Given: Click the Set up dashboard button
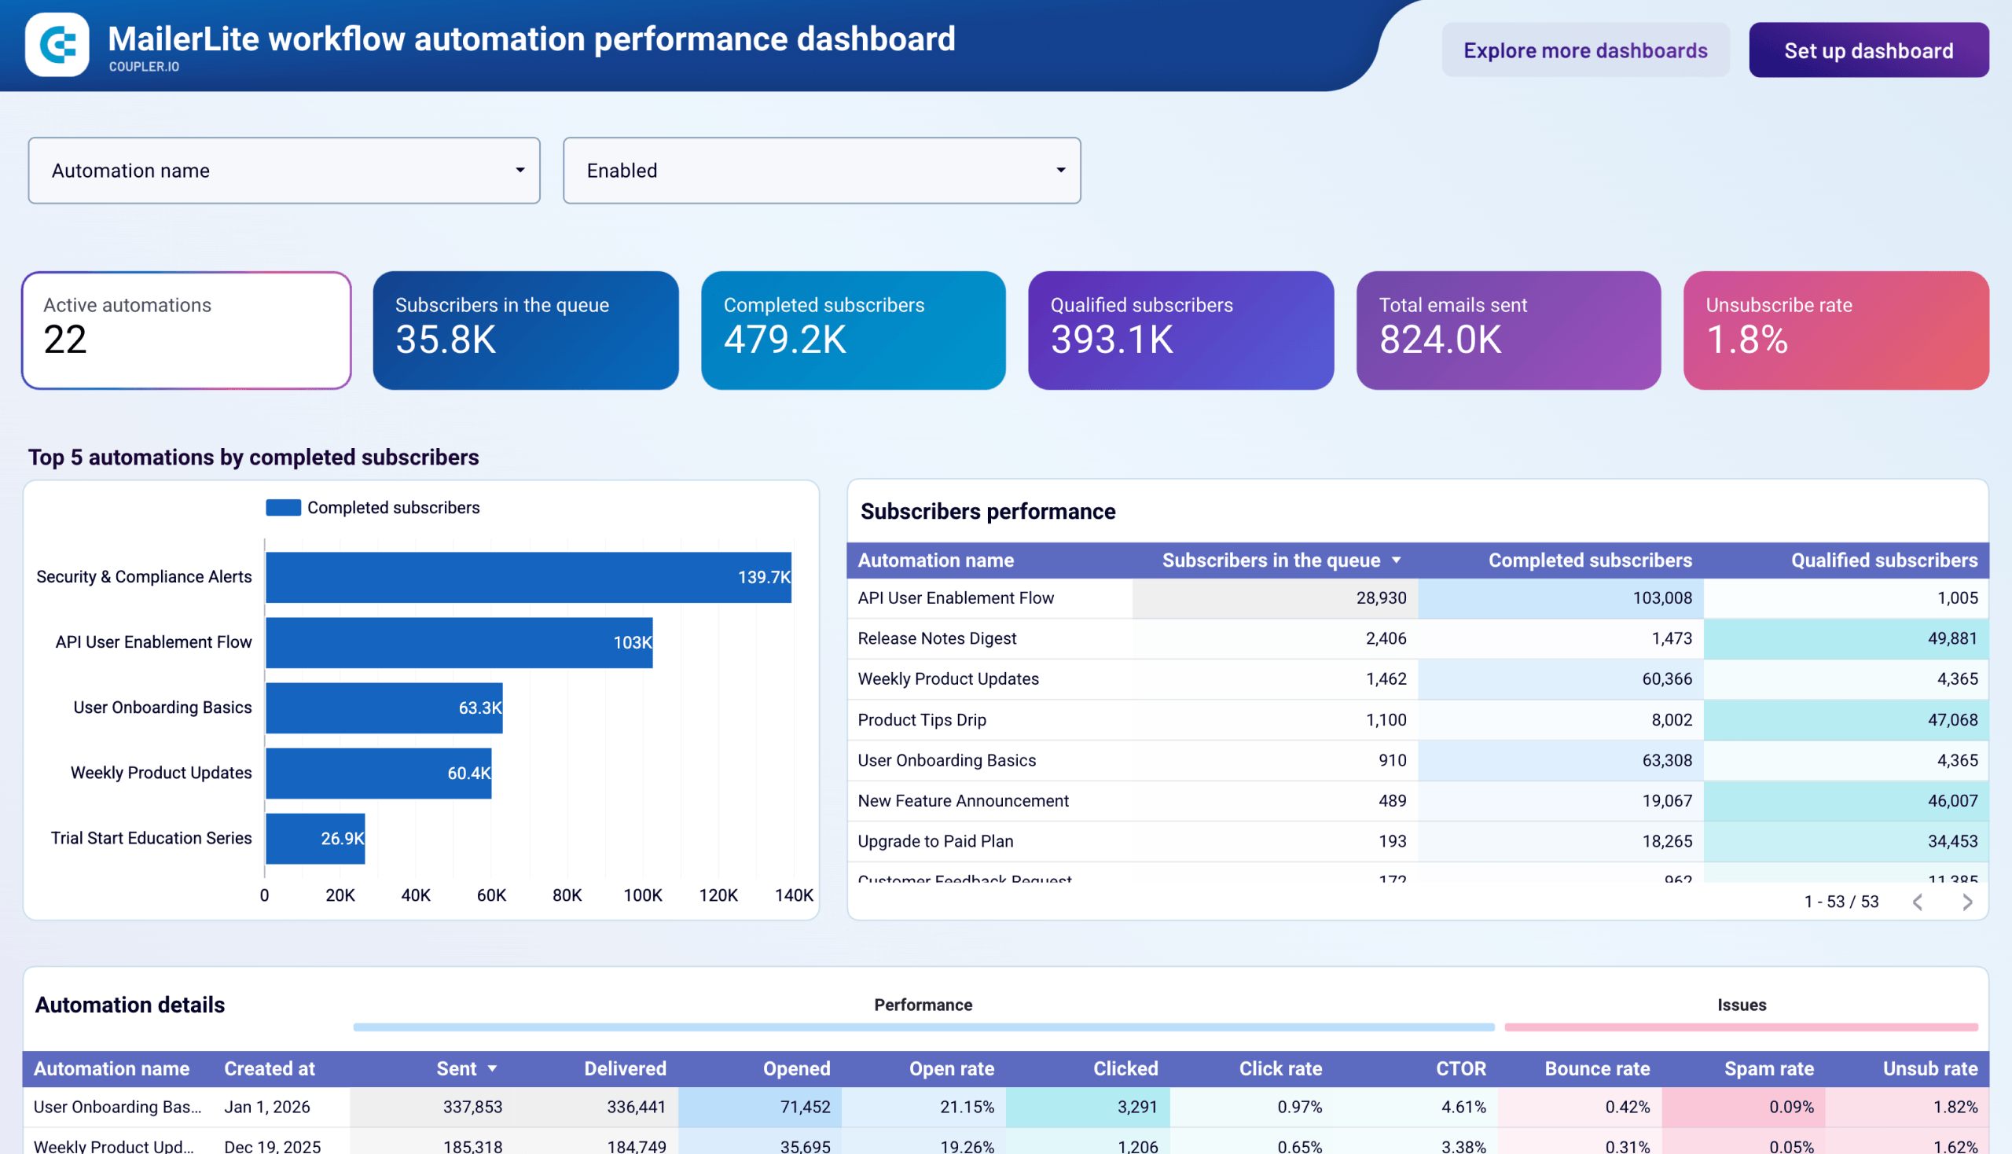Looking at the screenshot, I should click(1867, 51).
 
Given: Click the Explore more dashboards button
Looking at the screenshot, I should click(1585, 51).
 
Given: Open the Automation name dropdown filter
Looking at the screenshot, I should click(284, 171).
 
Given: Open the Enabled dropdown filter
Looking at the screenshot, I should click(821, 171).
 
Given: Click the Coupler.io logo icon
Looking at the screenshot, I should click(57, 44).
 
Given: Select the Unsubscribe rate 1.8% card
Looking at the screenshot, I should click(1835, 329).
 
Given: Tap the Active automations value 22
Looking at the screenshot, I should click(65, 340).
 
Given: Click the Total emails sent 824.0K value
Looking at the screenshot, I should click(1440, 340).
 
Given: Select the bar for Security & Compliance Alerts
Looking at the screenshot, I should click(528, 577).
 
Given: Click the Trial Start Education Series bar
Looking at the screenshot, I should click(314, 838).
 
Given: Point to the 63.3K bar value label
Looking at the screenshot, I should click(479, 707).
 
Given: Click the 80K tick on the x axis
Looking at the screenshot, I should click(567, 895).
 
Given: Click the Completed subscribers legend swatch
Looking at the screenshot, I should click(283, 507).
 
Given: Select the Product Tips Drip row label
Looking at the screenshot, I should click(922, 719).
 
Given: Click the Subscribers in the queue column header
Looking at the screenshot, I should click(1270, 560).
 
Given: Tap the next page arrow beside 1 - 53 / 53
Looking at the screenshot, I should click(1967, 901).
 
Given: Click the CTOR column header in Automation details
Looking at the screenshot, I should click(1460, 1068).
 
